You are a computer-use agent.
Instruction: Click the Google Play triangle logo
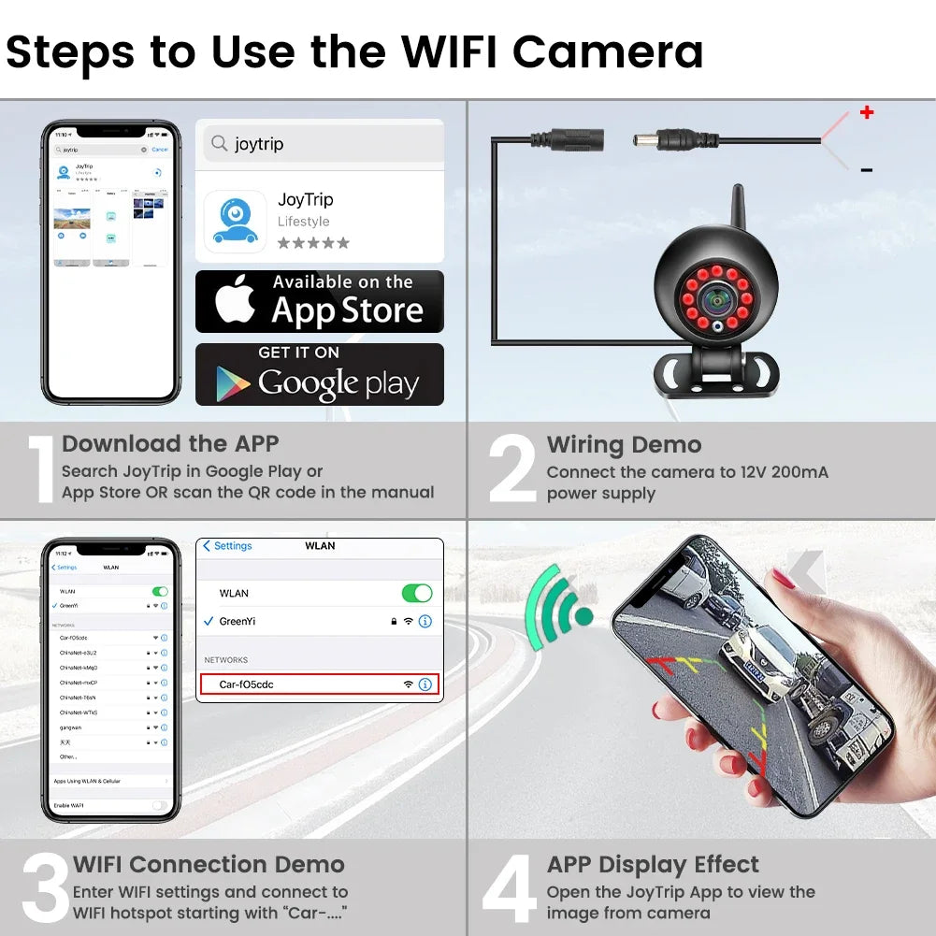coord(232,382)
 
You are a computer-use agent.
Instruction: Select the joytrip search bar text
coord(259,144)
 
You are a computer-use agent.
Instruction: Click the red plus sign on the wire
coord(867,112)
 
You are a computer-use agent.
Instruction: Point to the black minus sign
coord(866,170)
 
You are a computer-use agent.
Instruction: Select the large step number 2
coord(512,470)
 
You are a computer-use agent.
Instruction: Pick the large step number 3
coord(44,889)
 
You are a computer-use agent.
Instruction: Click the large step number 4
coord(510,889)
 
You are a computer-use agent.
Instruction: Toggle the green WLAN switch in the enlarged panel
coord(416,593)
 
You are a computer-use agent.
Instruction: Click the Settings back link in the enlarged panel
coord(227,546)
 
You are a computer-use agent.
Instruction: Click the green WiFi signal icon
coord(557,612)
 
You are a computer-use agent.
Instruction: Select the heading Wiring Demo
coord(624,445)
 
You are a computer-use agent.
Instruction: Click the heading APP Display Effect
coord(653,865)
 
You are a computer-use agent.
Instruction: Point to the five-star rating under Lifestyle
coord(313,243)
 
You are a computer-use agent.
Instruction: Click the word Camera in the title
coord(608,51)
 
